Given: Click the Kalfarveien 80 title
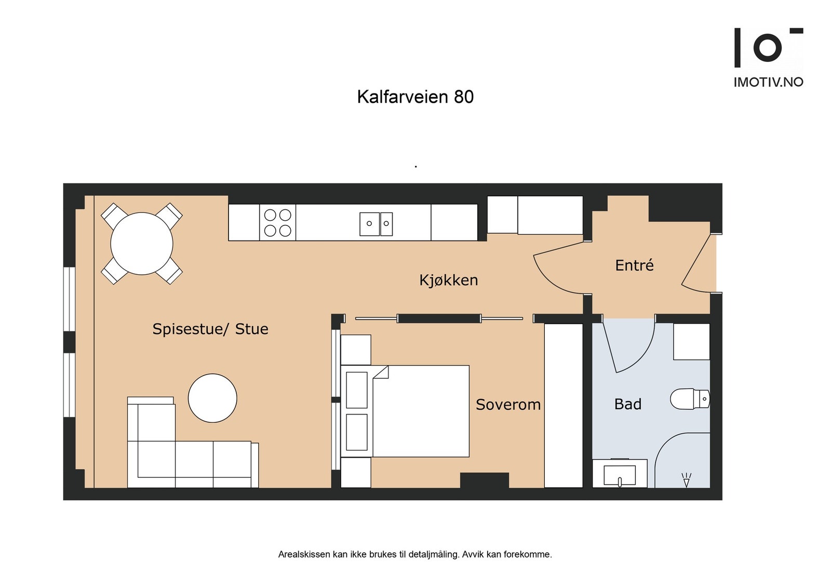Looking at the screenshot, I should [x=415, y=97].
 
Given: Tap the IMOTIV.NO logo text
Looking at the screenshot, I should [x=768, y=82].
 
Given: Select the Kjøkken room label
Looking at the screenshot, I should [x=448, y=280].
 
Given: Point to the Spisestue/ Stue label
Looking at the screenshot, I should [x=210, y=329].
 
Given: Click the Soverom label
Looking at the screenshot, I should [x=508, y=405].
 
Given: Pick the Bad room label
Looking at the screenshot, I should [x=627, y=404].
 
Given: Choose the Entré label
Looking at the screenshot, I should [x=634, y=265].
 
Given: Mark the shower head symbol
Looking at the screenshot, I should [x=686, y=480].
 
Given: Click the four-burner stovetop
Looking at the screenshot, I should [x=277, y=223].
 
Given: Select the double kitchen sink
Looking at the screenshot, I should [x=376, y=224].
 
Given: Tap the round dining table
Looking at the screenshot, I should [x=142, y=244].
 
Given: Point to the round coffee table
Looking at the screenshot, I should [x=212, y=398].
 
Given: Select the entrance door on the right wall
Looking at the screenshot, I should [x=696, y=262].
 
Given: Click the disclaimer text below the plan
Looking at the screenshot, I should [x=415, y=554].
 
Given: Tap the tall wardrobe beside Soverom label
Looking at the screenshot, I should [x=564, y=406].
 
